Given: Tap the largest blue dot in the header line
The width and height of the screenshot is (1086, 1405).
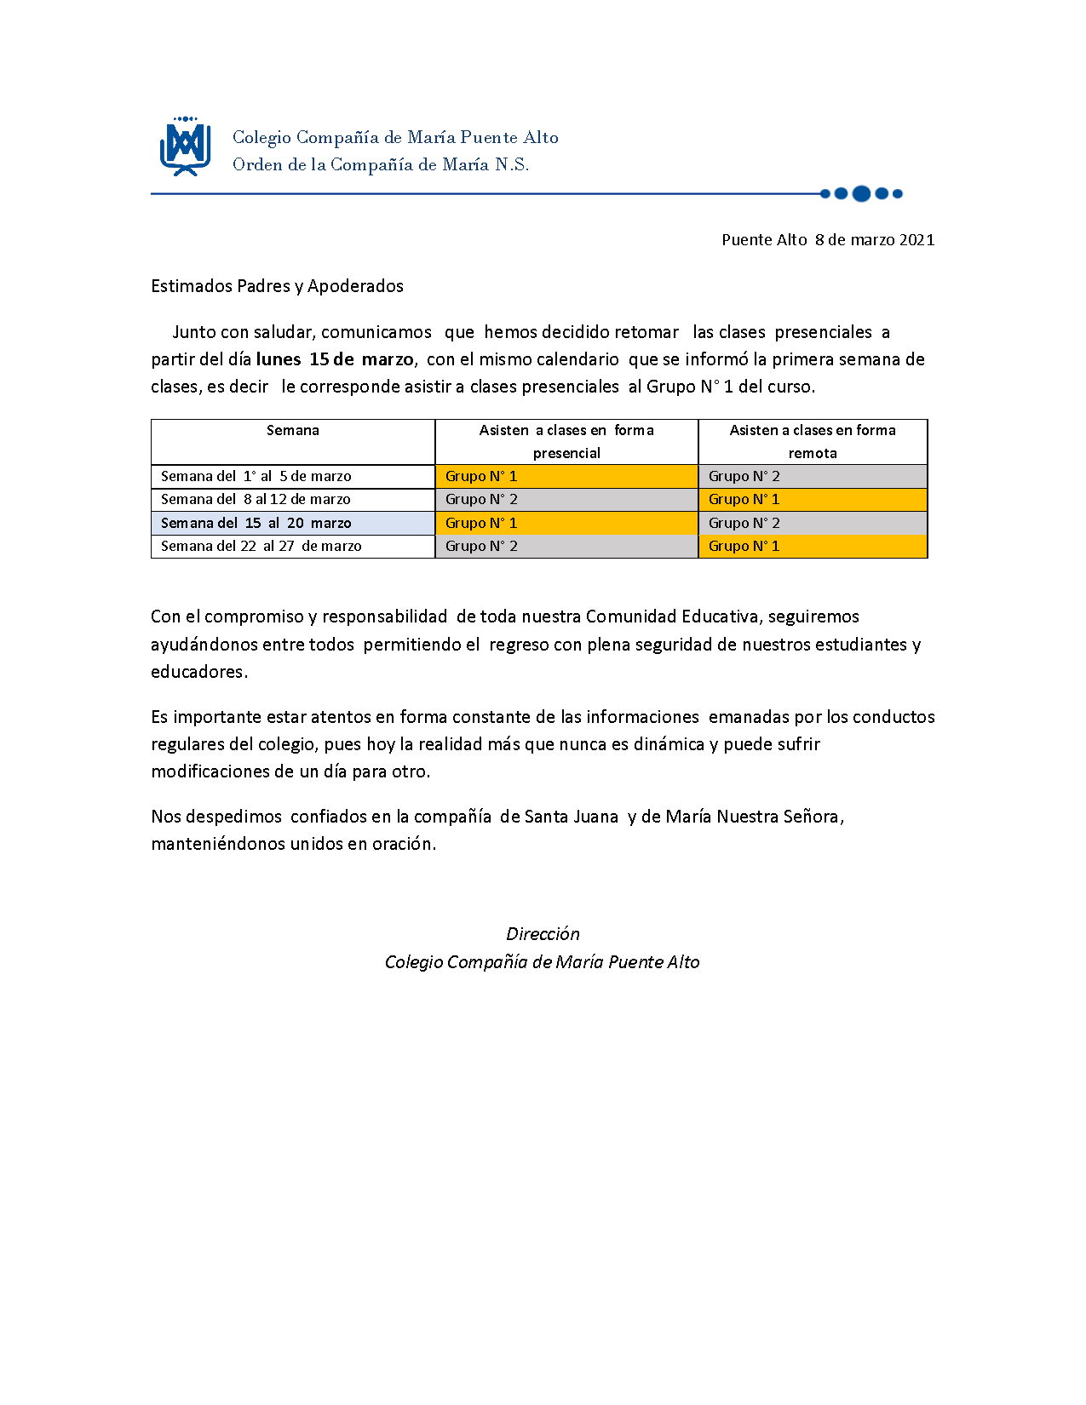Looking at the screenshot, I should click(x=861, y=193).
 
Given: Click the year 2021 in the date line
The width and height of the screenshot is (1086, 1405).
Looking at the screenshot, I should click(x=916, y=240).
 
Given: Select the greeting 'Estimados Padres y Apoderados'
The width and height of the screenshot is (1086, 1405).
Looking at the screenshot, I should click(x=277, y=286).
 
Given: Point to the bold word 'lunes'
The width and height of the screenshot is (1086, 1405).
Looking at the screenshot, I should click(x=278, y=359).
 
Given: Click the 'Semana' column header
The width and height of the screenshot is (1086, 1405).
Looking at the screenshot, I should click(x=292, y=431).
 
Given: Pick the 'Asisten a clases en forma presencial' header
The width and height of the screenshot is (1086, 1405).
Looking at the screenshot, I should click(x=566, y=441).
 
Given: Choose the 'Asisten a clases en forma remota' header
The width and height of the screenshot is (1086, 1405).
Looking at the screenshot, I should click(x=813, y=441).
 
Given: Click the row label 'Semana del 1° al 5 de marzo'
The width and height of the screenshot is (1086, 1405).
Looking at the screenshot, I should click(x=256, y=477).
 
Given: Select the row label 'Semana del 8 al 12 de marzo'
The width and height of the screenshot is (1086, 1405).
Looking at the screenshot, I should click(x=256, y=500).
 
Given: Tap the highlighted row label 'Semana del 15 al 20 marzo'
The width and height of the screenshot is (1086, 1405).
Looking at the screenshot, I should click(x=256, y=523).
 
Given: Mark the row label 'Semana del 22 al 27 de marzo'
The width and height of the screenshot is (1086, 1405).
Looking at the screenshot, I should click(x=261, y=546).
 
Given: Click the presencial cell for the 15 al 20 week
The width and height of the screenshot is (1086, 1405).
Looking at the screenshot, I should click(x=566, y=523).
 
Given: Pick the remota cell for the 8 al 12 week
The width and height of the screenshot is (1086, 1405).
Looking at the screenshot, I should click(x=813, y=500).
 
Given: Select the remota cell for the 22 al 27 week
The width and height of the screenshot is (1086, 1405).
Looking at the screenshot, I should click(x=813, y=546).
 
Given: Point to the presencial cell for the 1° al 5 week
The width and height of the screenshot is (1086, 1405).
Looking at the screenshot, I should click(x=566, y=477).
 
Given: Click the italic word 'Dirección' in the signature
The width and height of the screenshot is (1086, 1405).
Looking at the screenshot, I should click(x=543, y=934).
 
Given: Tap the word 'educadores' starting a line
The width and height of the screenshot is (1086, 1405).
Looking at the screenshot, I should click(x=198, y=672).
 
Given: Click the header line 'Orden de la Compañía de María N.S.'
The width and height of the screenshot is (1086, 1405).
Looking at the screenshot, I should click(x=381, y=165).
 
